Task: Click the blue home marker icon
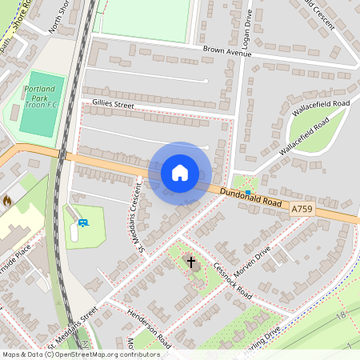click(179, 173)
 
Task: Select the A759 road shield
click(302, 208)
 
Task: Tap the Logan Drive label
click(247, 28)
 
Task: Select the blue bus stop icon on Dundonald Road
click(248, 191)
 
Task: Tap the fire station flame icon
click(7, 200)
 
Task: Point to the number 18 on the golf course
click(340, 317)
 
